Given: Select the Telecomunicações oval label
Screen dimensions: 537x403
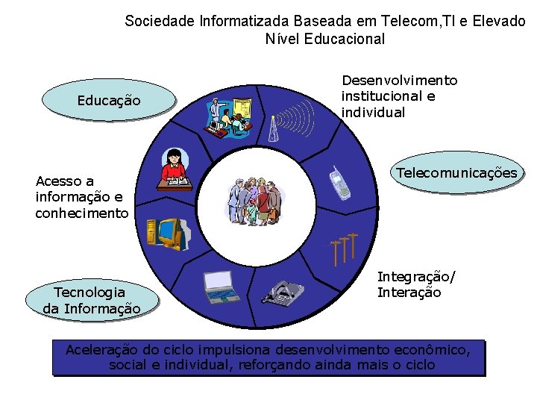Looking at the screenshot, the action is coord(456,173).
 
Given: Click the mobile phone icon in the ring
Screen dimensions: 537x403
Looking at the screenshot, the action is coord(340,183).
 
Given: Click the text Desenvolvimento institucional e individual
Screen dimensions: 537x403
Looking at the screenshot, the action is coord(399,96).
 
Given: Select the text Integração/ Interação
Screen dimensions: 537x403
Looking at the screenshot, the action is coord(415,284).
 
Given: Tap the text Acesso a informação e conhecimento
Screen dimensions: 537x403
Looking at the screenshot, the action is coord(81,197).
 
